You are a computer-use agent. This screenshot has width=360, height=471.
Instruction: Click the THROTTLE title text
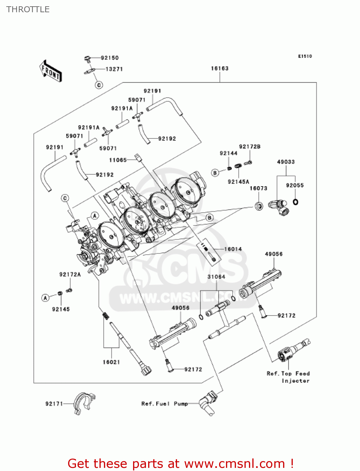[28, 9]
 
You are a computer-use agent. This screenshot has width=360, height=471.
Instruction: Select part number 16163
[220, 68]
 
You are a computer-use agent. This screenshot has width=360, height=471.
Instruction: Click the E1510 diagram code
[305, 56]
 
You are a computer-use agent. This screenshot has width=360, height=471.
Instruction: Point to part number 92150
[110, 58]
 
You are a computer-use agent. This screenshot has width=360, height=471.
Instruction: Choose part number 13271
[114, 69]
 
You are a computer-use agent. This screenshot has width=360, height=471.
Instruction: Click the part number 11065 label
[118, 160]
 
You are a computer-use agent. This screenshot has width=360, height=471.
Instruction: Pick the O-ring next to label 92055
[295, 202]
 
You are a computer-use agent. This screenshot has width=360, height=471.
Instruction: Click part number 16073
[258, 188]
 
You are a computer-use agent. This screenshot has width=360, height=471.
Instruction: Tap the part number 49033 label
[286, 162]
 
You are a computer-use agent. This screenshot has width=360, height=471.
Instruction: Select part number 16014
[233, 249]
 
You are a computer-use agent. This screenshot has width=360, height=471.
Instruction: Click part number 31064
[216, 277]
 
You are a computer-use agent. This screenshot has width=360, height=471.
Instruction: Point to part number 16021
[111, 362]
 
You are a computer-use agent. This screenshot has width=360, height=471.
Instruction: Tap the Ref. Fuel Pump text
[164, 404]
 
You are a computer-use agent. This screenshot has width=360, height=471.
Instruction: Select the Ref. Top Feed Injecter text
[288, 377]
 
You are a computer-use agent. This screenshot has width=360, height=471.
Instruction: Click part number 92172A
[70, 274]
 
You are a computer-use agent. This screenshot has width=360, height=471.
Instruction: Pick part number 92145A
[239, 182]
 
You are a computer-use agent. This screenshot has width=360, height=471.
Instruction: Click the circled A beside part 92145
[46, 298]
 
